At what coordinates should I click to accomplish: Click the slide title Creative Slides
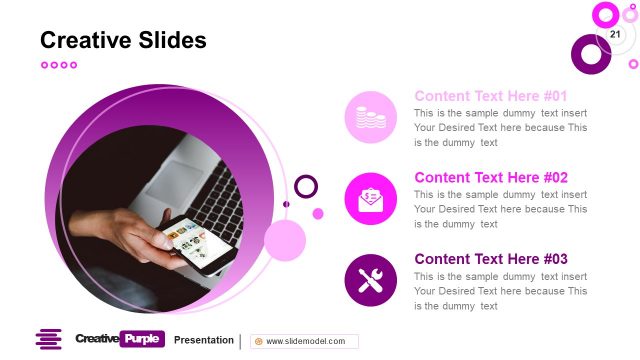click(x=123, y=40)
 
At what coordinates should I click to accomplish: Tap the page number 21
click(x=614, y=35)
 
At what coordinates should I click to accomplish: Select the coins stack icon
click(x=371, y=117)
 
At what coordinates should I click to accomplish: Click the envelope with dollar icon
click(x=371, y=198)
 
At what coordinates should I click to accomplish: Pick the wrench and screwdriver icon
click(x=371, y=280)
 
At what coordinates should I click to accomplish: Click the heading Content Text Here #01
click(x=491, y=96)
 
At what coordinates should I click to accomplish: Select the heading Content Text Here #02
click(x=491, y=177)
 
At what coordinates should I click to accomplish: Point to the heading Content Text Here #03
click(x=491, y=258)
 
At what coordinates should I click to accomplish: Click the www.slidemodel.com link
click(x=305, y=341)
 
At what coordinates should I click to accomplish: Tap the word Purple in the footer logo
click(x=142, y=339)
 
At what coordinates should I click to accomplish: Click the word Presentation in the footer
click(x=204, y=340)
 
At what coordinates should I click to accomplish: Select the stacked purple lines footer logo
click(x=48, y=340)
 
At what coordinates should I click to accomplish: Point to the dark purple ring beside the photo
click(x=306, y=186)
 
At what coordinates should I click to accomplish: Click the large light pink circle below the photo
click(x=285, y=241)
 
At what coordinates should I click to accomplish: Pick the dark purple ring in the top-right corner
click(x=590, y=54)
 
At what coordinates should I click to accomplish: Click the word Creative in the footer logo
click(x=96, y=339)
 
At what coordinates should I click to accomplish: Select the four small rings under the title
click(x=58, y=65)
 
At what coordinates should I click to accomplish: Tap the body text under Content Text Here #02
click(x=500, y=209)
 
